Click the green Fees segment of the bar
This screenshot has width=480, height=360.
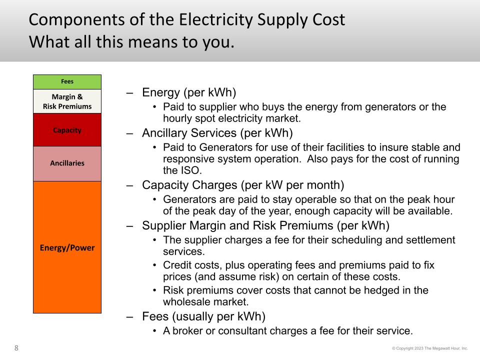click(x=67, y=81)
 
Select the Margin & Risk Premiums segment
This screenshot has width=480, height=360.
click(x=67, y=101)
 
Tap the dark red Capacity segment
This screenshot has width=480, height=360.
click(x=67, y=130)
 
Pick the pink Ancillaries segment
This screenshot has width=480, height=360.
click(x=67, y=163)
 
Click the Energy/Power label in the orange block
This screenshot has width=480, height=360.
click(x=67, y=247)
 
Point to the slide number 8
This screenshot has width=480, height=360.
click(x=16, y=348)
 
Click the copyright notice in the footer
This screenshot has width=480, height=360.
click(x=430, y=348)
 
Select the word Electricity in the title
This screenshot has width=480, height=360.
click(x=216, y=20)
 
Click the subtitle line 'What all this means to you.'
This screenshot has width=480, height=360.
click(x=131, y=42)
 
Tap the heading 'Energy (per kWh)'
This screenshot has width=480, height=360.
click(x=189, y=92)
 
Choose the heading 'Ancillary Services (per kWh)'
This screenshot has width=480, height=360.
click(x=217, y=133)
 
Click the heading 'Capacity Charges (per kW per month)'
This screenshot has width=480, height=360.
click(x=243, y=185)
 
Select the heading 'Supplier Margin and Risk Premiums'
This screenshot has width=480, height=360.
click(x=237, y=225)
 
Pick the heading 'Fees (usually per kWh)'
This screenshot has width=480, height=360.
click(x=203, y=316)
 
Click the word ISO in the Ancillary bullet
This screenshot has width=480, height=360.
click(x=190, y=170)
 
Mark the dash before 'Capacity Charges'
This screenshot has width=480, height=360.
click(x=130, y=185)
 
